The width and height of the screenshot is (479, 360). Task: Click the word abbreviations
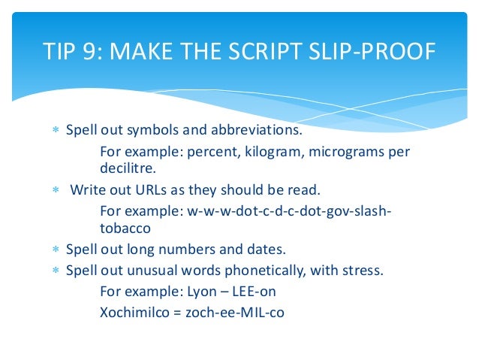253,131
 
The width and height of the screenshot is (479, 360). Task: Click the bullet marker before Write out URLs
55,189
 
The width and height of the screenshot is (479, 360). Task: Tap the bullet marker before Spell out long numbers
55,249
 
